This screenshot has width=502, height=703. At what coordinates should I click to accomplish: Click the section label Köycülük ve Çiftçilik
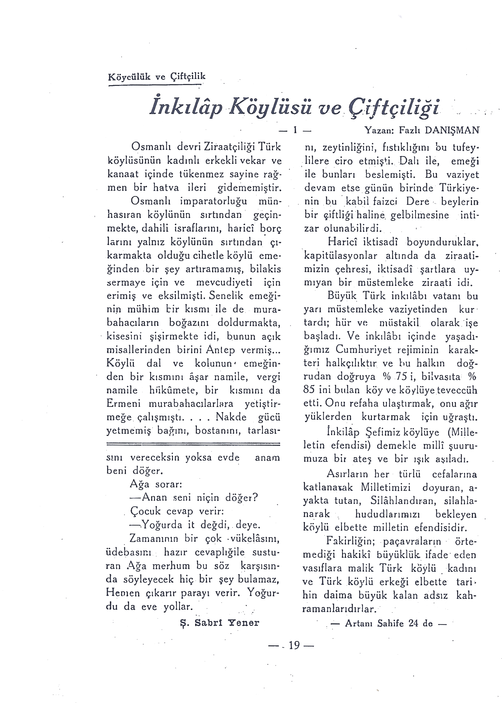[156, 76]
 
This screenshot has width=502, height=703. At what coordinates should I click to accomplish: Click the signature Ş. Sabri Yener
[219, 623]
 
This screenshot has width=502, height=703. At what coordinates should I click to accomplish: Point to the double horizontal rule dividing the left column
[193, 444]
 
